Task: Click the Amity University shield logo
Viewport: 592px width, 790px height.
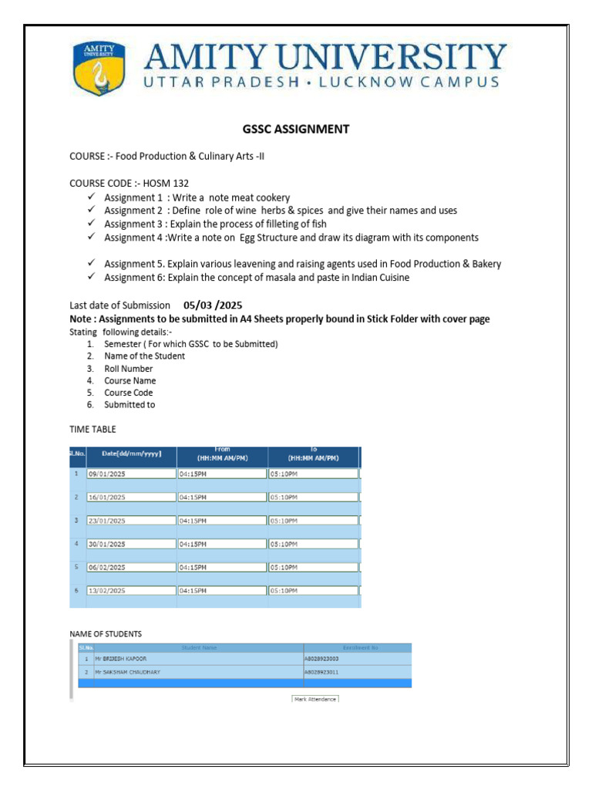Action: click(x=97, y=68)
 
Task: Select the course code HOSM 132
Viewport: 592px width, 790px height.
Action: click(x=166, y=184)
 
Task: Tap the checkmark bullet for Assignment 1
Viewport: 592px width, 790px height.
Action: click(x=91, y=197)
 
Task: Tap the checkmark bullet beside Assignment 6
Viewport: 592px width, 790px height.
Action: click(x=91, y=277)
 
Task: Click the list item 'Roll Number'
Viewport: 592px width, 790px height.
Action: click(x=129, y=369)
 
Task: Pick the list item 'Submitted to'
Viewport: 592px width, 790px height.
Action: click(x=129, y=405)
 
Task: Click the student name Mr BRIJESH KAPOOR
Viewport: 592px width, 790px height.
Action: click(x=120, y=660)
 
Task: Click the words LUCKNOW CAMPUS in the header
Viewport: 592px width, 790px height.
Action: click(x=419, y=82)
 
